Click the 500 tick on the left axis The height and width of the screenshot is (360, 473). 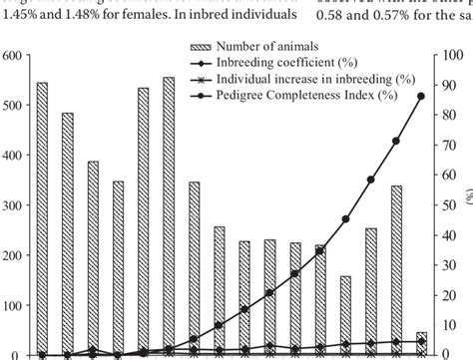(x=13, y=106)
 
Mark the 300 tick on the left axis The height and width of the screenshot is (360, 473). (x=13, y=205)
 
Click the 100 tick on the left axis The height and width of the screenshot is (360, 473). (x=13, y=304)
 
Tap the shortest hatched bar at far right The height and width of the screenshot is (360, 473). (x=421, y=343)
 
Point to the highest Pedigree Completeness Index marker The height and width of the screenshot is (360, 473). (x=421, y=96)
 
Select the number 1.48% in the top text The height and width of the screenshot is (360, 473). (x=91, y=14)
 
